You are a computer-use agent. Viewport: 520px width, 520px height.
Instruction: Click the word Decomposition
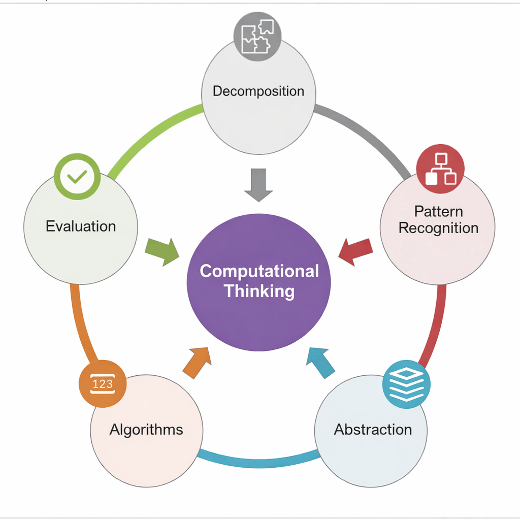[258, 91]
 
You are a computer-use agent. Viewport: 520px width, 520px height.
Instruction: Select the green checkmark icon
[77, 177]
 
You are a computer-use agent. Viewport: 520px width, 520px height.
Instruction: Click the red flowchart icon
[440, 170]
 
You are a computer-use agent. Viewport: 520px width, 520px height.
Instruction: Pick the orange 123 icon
[102, 384]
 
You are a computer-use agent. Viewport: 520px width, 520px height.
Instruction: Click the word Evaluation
[81, 226]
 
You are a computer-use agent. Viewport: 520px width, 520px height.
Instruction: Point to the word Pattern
[438, 211]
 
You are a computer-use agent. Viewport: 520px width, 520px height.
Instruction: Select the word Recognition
[438, 229]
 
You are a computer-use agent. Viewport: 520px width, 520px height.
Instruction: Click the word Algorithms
[146, 430]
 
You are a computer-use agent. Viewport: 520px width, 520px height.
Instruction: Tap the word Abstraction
[373, 430]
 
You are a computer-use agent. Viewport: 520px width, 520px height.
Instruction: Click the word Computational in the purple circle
[259, 271]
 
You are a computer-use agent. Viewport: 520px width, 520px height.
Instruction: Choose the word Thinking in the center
[259, 291]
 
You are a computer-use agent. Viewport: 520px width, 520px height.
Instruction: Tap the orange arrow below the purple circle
[197, 362]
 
